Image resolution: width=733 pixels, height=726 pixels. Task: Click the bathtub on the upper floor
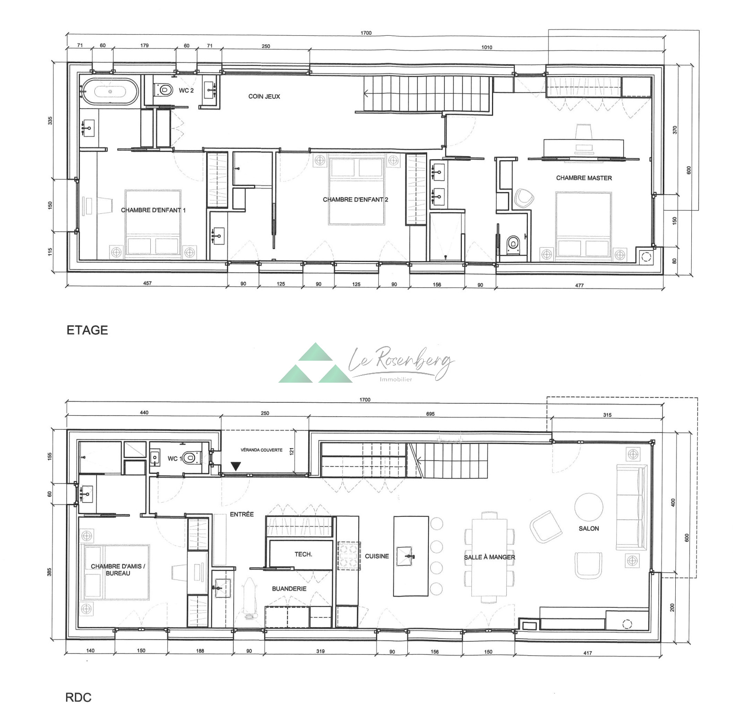[110, 92]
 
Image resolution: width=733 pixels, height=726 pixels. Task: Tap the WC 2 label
[186, 91]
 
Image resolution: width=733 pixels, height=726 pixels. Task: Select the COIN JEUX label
[264, 97]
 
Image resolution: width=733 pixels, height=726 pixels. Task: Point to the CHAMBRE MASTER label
[584, 178]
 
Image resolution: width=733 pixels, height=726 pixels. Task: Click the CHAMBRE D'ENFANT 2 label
[356, 200]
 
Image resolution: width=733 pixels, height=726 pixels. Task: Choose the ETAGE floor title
[87, 330]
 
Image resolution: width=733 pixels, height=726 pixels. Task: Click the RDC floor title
[78, 697]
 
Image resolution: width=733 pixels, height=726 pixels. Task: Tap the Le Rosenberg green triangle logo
[316, 363]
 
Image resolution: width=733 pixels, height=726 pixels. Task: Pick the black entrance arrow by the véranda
[235, 466]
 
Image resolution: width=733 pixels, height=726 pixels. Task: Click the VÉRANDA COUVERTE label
[262, 450]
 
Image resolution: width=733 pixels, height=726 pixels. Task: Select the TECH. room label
[303, 554]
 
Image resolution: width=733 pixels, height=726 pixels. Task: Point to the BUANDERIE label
[289, 589]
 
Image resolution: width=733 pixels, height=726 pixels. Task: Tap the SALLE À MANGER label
[489, 557]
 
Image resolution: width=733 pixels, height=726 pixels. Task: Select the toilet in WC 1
[191, 457]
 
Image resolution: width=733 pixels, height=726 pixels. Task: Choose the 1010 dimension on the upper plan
[487, 47]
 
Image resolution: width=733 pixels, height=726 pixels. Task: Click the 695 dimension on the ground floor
[430, 414]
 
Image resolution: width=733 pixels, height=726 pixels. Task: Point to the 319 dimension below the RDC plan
[320, 651]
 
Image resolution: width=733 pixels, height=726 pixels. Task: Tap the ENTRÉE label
[242, 515]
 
